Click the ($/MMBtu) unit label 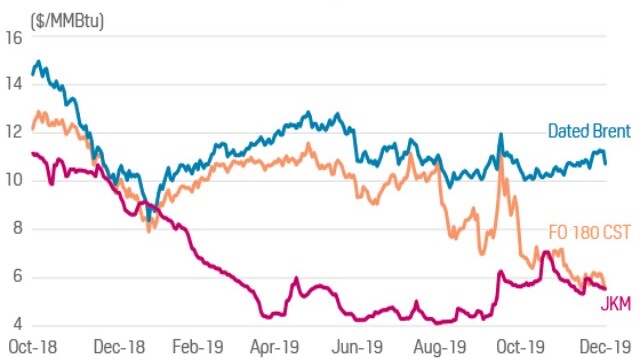tap(67, 21)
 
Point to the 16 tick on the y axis tap(14, 38)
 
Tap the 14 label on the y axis tap(14, 84)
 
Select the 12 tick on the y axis tap(14, 133)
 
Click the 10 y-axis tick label tap(14, 180)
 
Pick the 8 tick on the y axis tap(18, 228)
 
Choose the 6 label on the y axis tap(18, 276)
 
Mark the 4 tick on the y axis tap(18, 324)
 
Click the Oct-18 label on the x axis tap(33, 347)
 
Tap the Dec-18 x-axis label tap(119, 347)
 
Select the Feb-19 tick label tap(198, 347)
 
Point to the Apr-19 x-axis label tap(275, 347)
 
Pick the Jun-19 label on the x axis tap(357, 347)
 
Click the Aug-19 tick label tap(440, 347)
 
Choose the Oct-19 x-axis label tap(520, 347)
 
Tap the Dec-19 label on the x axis tap(606, 347)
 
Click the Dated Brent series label tap(589, 131)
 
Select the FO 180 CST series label tap(590, 232)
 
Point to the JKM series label tap(616, 304)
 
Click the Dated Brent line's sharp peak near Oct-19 tap(501, 134)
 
